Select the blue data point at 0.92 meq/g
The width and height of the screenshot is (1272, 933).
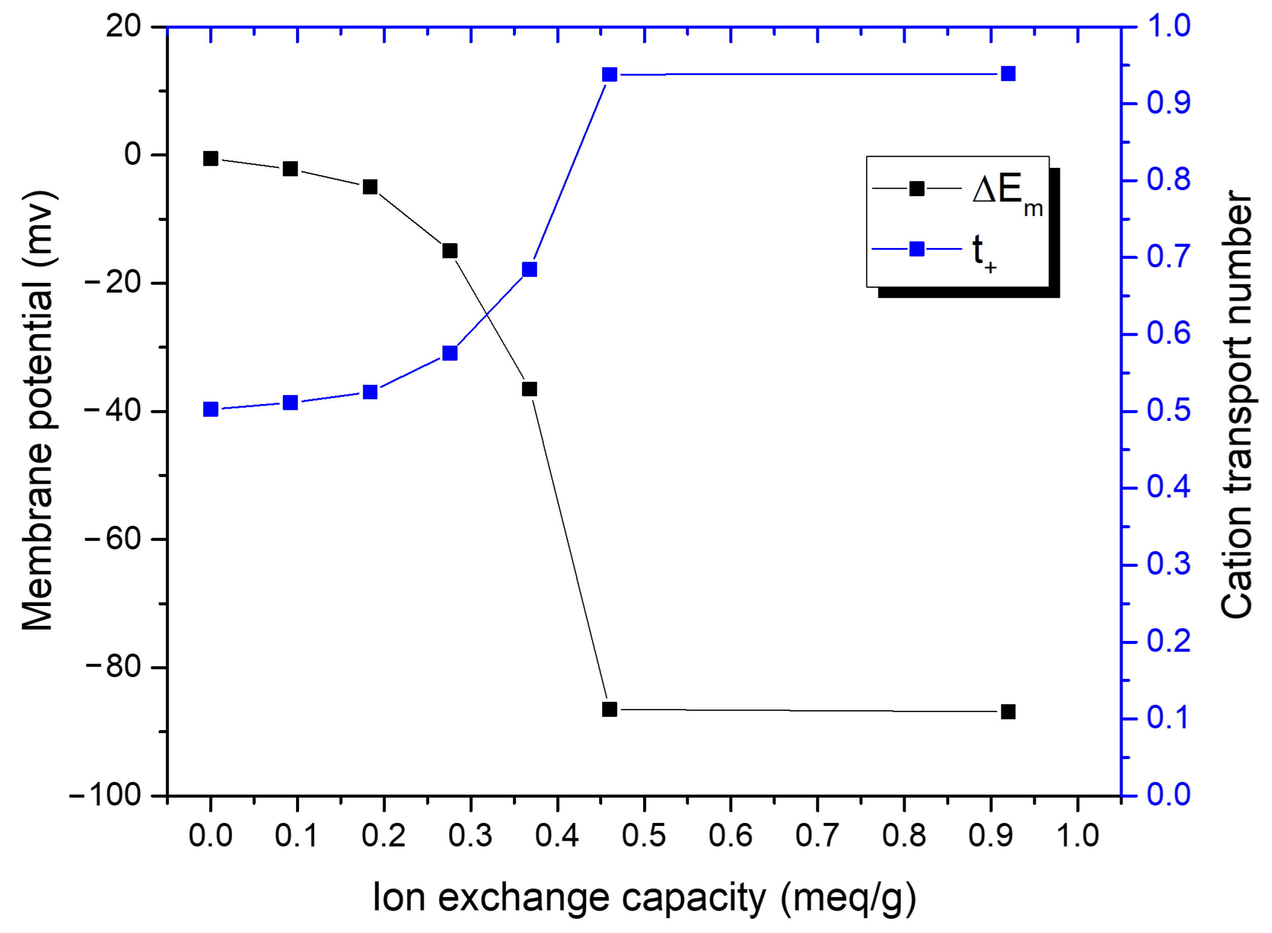[x=1008, y=74]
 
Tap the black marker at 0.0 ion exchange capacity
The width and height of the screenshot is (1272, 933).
[x=210, y=159]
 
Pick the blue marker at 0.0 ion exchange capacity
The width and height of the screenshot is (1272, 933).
[x=210, y=410]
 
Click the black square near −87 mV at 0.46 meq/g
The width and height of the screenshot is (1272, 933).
[x=610, y=709]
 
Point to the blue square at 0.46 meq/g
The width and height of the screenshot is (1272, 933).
[x=610, y=75]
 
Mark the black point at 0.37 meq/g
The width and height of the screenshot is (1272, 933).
[x=530, y=389]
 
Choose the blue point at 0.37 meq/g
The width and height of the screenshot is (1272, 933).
[x=530, y=269]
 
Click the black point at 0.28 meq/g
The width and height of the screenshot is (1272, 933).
[x=450, y=251]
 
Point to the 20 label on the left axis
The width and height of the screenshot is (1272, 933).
[x=124, y=26]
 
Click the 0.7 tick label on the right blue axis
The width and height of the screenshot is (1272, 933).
[x=1168, y=258]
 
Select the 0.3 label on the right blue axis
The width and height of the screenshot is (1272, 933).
[x=1168, y=565]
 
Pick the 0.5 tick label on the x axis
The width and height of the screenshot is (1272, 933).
[x=644, y=836]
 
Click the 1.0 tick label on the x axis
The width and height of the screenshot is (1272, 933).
[x=1077, y=836]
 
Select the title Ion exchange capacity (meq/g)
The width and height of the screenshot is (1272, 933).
[x=644, y=898]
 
